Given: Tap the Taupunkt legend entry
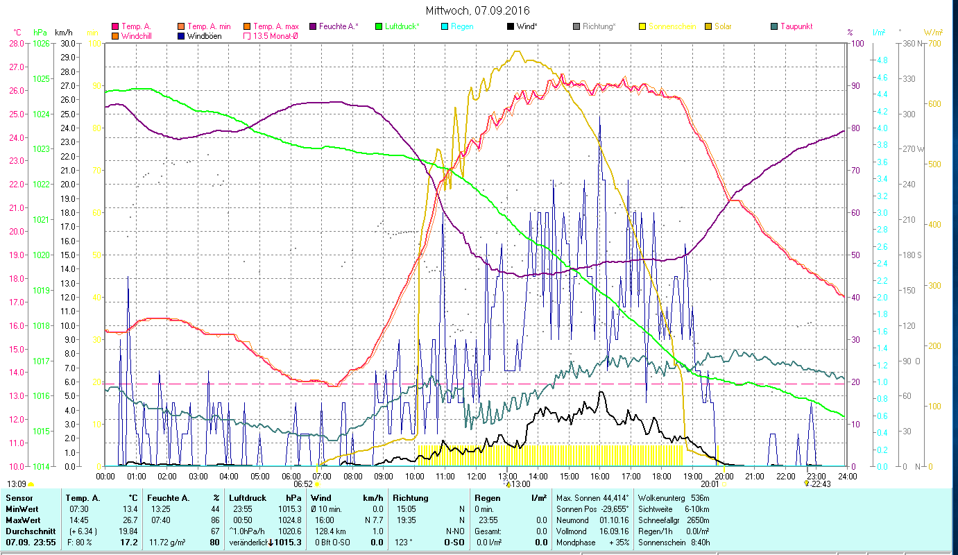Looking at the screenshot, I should coord(796,26).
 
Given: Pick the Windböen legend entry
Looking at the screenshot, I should coord(205,35).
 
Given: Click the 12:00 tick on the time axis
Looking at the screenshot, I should coord(476,476).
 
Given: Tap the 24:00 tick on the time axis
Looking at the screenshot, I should coord(847,476).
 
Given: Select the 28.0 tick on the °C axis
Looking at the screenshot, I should coord(17,43).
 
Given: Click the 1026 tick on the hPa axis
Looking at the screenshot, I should coord(41,43).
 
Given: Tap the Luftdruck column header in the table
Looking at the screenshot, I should coord(248,497).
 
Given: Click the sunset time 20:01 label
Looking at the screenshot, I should coord(710,484).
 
